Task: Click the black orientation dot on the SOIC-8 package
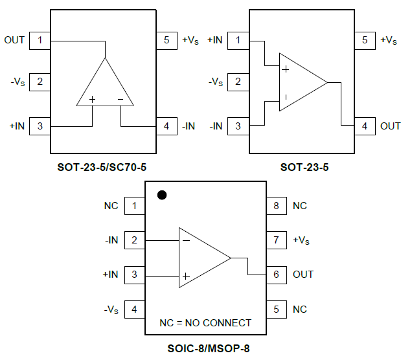coord(163,194)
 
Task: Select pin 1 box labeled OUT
coord(40,40)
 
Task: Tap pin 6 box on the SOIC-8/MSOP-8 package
coord(277,275)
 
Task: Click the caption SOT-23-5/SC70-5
coord(102,167)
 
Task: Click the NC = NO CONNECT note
coord(205,322)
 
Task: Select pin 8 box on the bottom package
coord(277,206)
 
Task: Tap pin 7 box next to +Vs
coord(277,240)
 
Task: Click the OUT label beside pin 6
coord(303,275)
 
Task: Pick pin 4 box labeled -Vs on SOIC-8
coord(134,309)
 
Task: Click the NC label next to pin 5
coord(300,309)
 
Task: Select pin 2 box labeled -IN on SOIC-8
coord(134,240)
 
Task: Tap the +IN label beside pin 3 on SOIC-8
coord(110,275)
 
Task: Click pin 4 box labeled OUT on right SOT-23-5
coord(365,126)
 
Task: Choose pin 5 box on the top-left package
coord(166,40)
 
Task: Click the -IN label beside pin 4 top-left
coord(188,126)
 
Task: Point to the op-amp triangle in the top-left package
coord(105,86)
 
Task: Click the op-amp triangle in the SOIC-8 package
coord(201,258)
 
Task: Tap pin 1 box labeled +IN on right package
coord(238,40)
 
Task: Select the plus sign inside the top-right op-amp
coord(285,69)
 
